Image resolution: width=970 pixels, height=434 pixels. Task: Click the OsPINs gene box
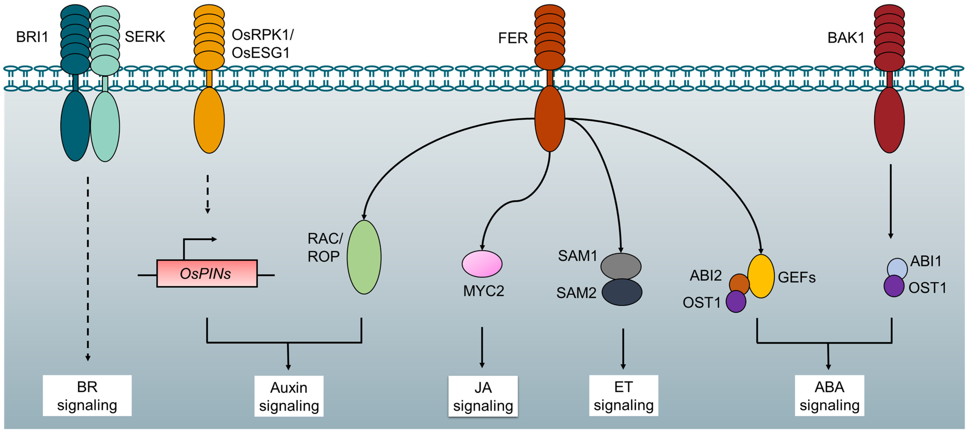click(x=207, y=274)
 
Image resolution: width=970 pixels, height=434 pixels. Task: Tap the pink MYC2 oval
click(x=482, y=264)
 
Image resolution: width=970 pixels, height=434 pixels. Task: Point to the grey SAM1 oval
click(x=621, y=266)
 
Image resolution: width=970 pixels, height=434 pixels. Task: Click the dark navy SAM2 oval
click(x=622, y=292)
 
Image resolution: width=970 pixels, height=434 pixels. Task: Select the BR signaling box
click(x=87, y=396)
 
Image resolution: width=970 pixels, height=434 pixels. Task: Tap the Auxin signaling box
click(x=289, y=396)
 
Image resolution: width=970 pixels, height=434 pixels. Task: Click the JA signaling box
click(x=483, y=396)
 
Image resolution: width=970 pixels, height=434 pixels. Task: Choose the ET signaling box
click(x=624, y=396)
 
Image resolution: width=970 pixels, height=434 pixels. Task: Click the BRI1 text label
click(x=32, y=37)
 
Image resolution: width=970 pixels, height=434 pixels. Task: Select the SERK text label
click(x=145, y=37)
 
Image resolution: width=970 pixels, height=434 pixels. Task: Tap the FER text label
click(x=513, y=38)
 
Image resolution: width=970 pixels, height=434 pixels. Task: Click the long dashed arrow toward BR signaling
click(x=88, y=268)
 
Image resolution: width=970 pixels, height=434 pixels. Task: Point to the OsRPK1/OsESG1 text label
click(x=262, y=44)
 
